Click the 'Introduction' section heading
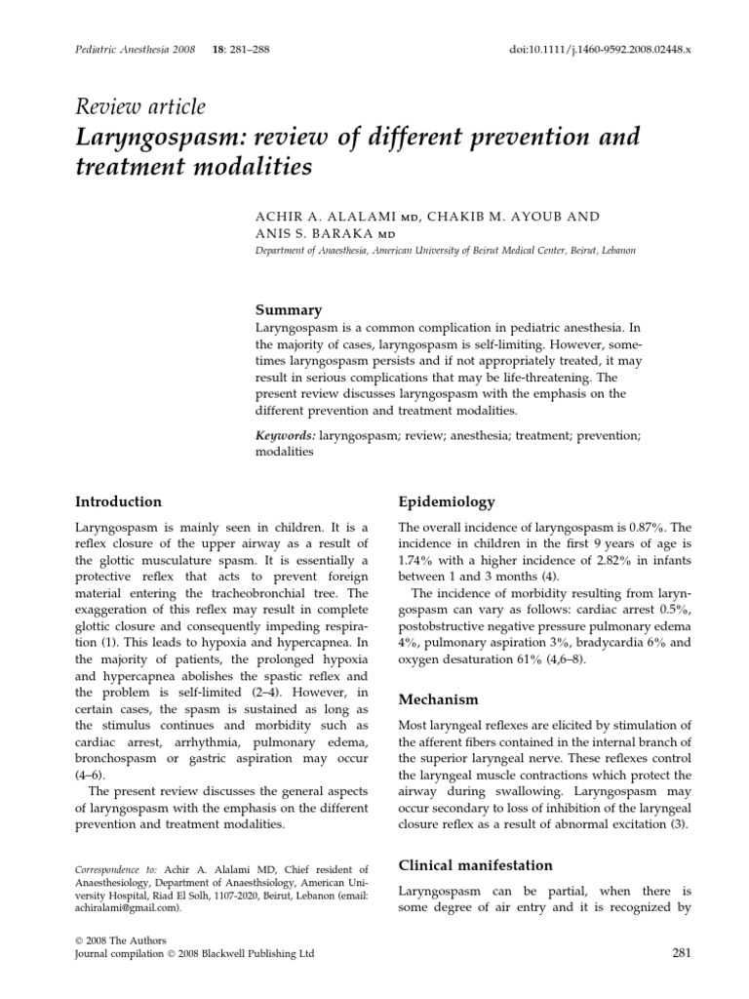(119, 501)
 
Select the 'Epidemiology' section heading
(447, 501)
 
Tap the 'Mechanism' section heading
(439, 699)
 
